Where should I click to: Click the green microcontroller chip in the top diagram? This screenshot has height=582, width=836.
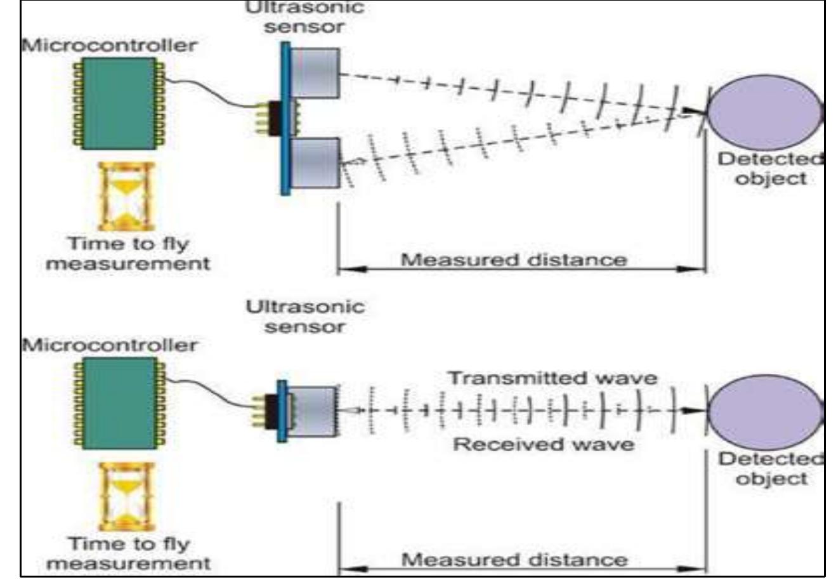coord(119,103)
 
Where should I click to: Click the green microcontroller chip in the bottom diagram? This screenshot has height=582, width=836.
coord(119,402)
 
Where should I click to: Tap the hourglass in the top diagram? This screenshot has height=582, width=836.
coord(126,197)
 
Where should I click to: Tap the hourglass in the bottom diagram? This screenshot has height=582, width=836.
coord(126,497)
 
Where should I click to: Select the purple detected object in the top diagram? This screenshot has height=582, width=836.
coord(764,113)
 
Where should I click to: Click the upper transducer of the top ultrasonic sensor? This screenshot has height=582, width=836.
coord(315,73)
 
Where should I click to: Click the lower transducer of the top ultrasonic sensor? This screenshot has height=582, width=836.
coord(315,163)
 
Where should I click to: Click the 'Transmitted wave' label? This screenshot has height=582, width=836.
coord(552,378)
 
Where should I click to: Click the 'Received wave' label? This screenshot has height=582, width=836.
coord(543,444)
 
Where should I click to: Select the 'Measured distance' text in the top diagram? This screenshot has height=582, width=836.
coord(514,260)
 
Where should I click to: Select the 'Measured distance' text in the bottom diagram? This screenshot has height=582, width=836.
coord(514,560)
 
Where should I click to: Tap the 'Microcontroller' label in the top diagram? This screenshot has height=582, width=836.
coord(109,46)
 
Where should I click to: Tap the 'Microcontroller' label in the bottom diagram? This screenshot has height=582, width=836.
coord(109,345)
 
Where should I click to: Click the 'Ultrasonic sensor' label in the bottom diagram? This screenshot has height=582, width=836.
coord(305,317)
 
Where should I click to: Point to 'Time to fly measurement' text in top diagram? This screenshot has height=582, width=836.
coord(128,253)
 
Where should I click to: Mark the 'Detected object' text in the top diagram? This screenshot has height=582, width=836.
coord(770,168)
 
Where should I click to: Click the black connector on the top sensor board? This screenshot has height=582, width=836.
coord(275,119)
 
